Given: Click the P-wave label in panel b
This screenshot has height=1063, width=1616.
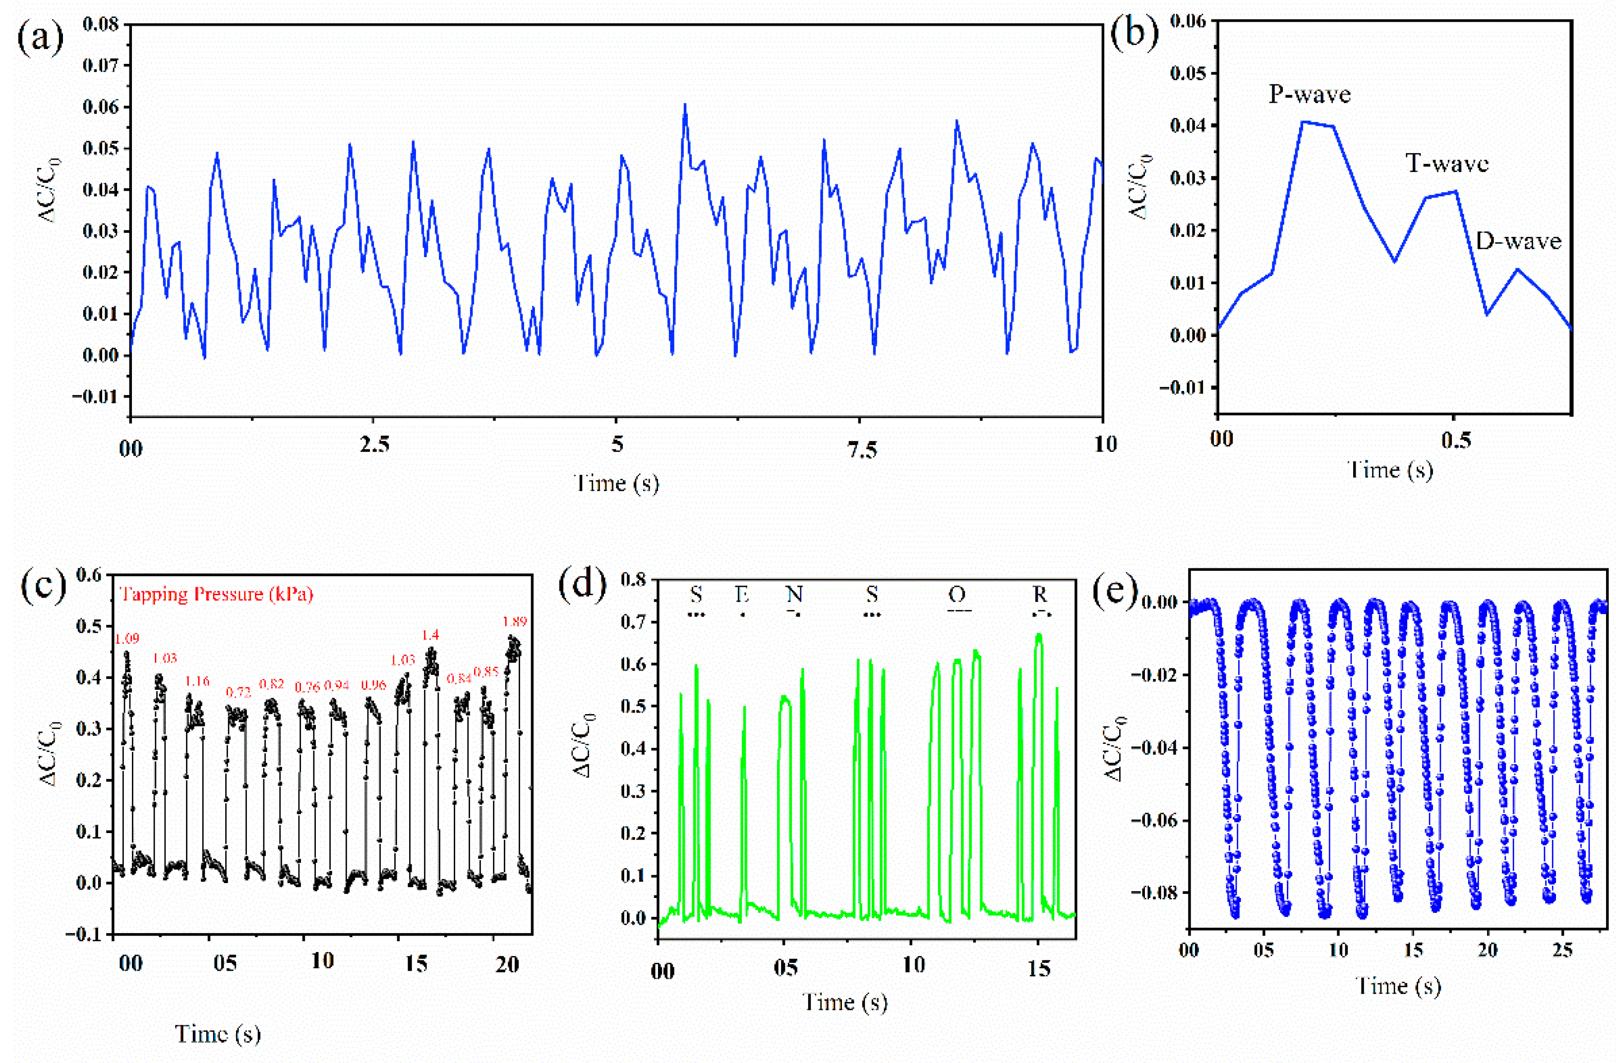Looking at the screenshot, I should [1309, 94].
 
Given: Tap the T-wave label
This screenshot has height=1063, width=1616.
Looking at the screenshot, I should [1446, 164].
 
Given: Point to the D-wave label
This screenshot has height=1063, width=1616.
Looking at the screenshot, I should [1518, 241].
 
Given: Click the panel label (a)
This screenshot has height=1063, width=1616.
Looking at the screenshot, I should [41, 39].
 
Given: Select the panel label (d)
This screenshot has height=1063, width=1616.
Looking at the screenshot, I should [582, 586].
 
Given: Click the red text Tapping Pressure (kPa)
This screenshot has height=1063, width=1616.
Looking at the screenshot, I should [216, 594].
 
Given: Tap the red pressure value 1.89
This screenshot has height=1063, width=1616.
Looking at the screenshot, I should [514, 621].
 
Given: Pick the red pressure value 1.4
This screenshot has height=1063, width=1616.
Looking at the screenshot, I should [430, 635].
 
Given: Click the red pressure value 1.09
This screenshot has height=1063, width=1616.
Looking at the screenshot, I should [126, 638].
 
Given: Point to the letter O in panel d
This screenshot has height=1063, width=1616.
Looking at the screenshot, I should [957, 595].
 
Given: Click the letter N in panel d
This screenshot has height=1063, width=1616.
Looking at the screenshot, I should [794, 595].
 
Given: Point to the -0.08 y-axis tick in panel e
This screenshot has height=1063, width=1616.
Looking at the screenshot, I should [1156, 893].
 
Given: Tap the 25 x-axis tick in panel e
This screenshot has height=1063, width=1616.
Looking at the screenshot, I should [1562, 950].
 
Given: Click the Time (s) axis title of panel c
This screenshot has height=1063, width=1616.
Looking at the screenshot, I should [218, 1034].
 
